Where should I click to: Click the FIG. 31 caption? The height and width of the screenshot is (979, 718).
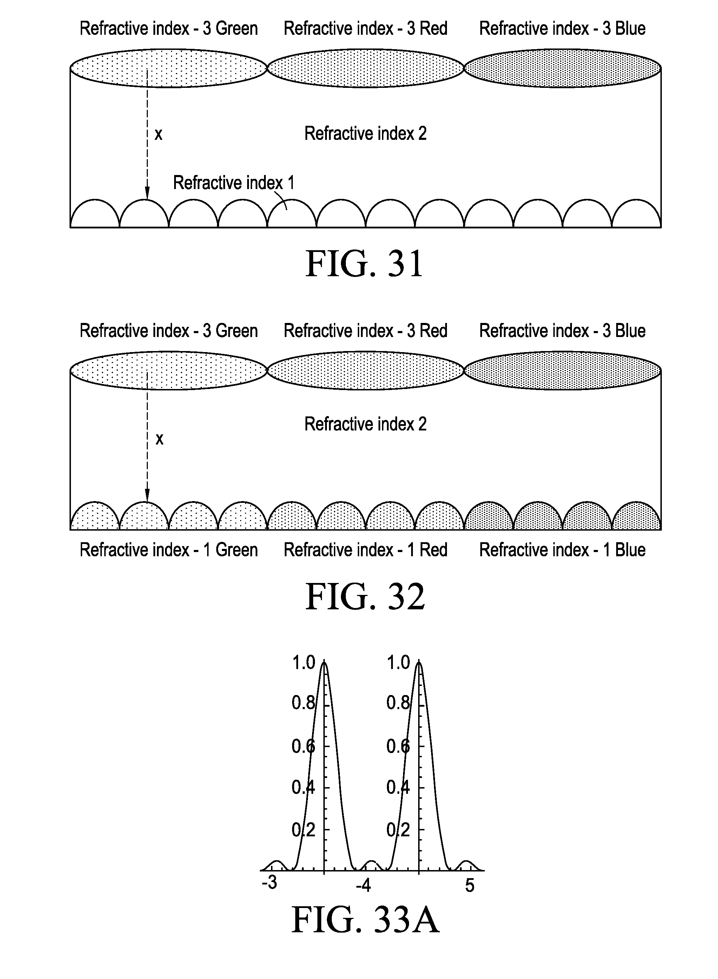click(364, 264)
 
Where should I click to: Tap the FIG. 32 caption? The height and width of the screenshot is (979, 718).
click(365, 597)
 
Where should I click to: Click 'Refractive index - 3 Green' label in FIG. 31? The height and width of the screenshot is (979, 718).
click(169, 29)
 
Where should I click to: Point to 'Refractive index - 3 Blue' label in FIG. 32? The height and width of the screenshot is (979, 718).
click(562, 331)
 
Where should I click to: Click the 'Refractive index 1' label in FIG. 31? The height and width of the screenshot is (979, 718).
click(234, 183)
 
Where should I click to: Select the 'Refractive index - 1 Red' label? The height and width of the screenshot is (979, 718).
click(365, 550)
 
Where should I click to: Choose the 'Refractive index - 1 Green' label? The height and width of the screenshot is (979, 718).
click(169, 550)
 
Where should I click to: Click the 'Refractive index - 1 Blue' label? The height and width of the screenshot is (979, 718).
click(562, 550)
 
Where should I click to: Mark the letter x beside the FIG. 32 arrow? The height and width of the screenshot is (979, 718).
click(159, 439)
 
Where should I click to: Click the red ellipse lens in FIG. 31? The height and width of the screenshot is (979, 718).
click(365, 68)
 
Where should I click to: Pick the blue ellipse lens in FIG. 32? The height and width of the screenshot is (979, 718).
click(562, 370)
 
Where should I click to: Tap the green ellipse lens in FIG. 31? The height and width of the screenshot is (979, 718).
click(169, 68)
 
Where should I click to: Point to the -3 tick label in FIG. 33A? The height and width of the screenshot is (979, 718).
click(269, 882)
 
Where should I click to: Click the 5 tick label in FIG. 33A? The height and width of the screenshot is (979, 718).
click(469, 885)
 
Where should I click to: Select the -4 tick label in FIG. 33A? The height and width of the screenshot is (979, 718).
click(363, 885)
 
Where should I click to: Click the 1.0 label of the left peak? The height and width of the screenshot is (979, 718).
click(303, 662)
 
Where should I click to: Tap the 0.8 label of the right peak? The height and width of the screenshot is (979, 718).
click(398, 703)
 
